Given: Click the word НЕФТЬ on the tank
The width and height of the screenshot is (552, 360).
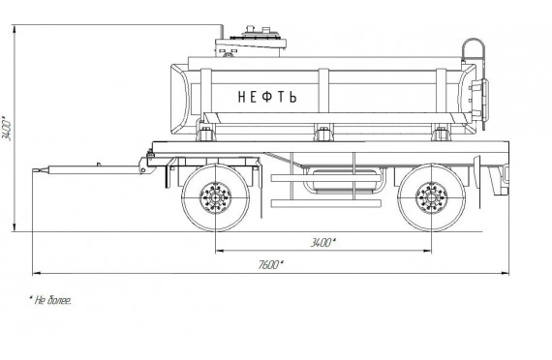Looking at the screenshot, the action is (x=267, y=97).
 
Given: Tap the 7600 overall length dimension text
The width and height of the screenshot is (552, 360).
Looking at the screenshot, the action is (x=270, y=264).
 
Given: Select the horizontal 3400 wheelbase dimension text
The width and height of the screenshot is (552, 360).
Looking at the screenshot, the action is (x=322, y=243).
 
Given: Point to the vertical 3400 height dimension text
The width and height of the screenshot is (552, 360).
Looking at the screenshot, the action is (x=7, y=129).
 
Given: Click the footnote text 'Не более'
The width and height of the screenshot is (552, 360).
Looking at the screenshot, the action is (x=50, y=300).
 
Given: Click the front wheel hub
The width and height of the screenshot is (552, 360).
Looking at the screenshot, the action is (x=215, y=197).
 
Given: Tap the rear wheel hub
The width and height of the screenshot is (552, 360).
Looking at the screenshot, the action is (x=431, y=197).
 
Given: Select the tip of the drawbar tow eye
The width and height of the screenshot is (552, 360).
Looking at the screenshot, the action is (x=33, y=170).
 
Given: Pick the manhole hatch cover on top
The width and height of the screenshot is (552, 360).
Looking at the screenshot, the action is (x=260, y=34).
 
